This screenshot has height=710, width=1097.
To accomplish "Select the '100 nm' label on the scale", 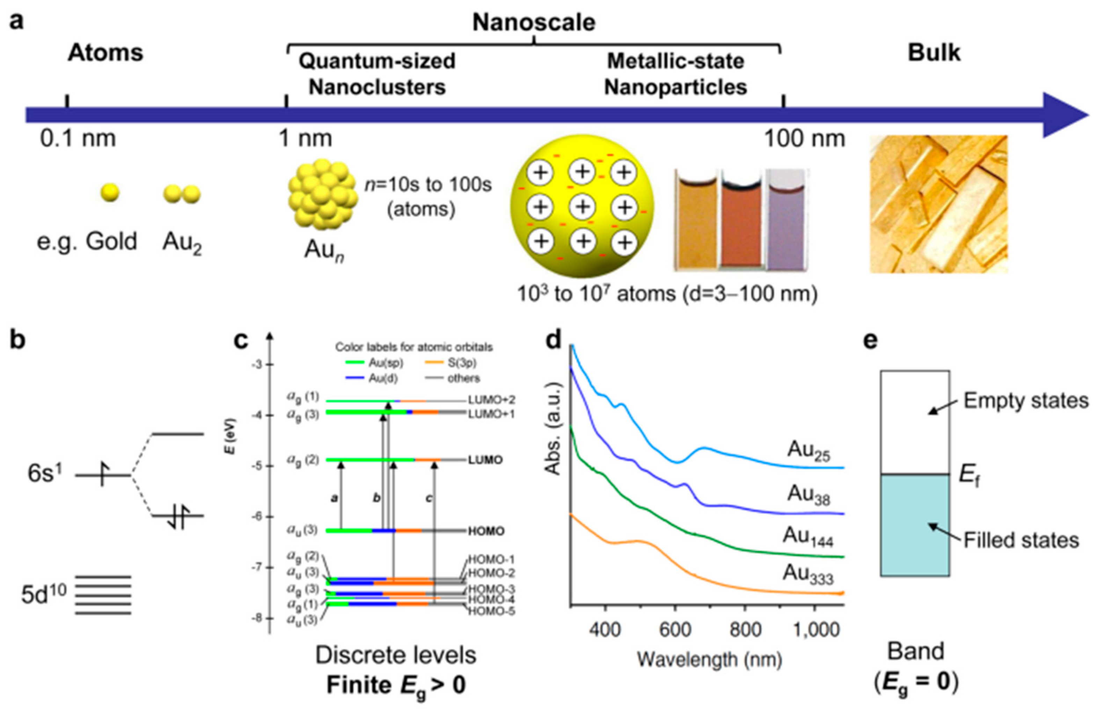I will (804, 138).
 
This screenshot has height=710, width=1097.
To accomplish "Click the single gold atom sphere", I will (110, 193).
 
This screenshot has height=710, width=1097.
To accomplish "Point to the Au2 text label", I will (182, 243).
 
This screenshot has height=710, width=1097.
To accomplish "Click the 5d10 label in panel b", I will (44, 594).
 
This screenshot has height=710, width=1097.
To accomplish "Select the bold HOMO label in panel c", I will (486, 531).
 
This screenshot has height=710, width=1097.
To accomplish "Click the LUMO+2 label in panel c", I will (491, 400).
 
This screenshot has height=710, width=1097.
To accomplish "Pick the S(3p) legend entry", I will (461, 363).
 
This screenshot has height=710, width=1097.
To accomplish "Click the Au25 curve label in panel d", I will (808, 450).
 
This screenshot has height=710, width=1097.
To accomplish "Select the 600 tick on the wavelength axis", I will (675, 629).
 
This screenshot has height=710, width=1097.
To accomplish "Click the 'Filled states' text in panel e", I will (1021, 540).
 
